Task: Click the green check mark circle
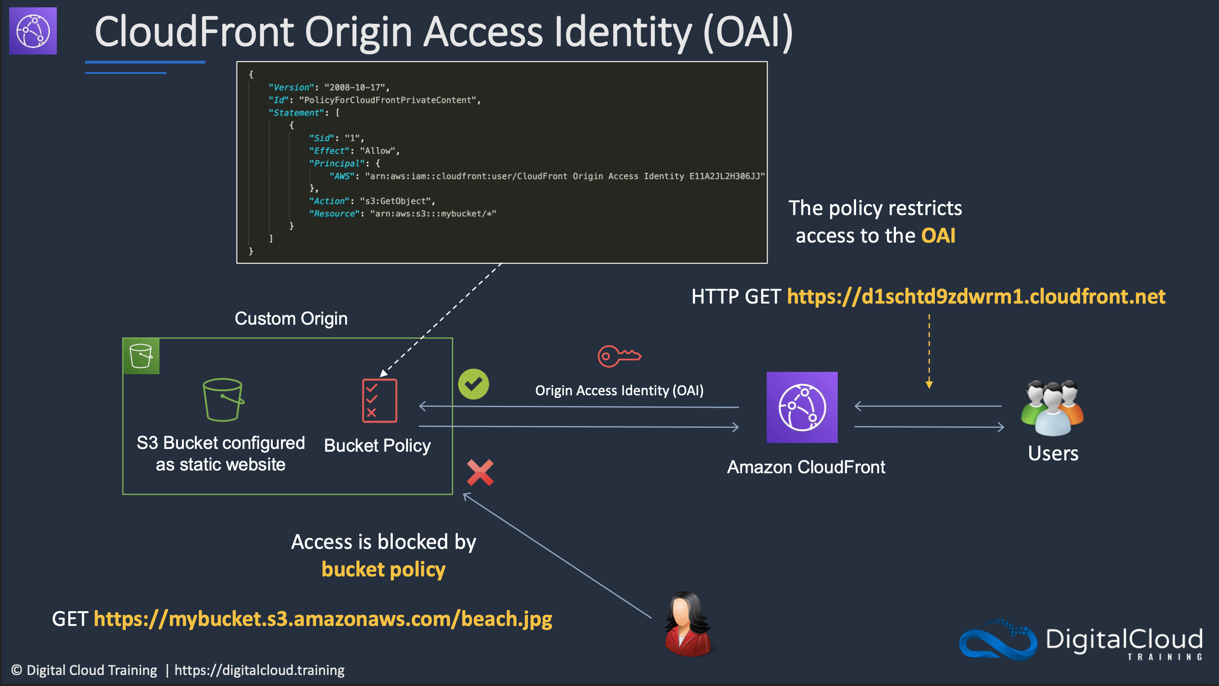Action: click(473, 384)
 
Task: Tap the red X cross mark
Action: click(480, 472)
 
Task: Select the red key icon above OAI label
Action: click(619, 356)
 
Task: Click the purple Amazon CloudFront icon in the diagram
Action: click(802, 407)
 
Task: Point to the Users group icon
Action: click(1053, 408)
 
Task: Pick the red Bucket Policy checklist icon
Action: click(379, 400)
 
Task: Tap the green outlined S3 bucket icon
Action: click(223, 399)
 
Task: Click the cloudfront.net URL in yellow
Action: click(976, 296)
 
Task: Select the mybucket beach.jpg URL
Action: click(323, 619)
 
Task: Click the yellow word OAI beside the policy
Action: click(938, 236)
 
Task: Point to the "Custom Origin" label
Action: click(291, 319)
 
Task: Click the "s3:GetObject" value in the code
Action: click(395, 201)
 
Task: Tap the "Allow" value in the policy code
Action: click(378, 151)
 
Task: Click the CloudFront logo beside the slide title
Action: click(33, 31)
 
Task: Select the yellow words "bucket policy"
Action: click(383, 570)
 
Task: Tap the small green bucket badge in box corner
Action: click(141, 356)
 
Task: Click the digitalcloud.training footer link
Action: click(259, 670)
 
